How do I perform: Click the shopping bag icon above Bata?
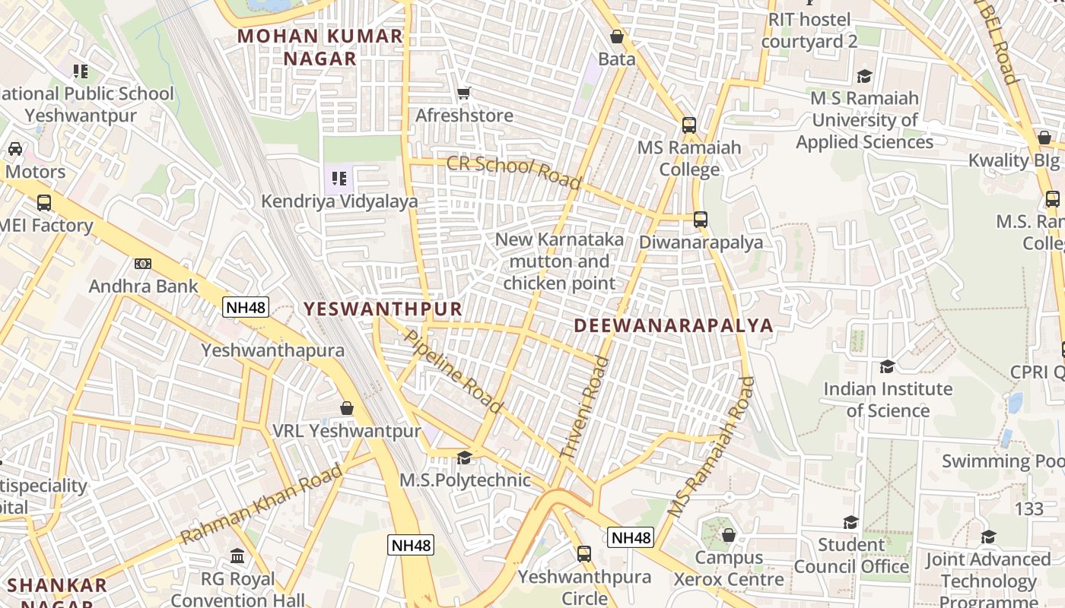[617, 36]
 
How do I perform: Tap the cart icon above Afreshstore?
[463, 93]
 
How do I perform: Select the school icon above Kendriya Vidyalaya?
[339, 179]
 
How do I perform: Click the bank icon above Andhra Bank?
[143, 264]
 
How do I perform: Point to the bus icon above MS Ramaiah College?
[689, 125]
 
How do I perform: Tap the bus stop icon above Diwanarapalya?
[701, 220]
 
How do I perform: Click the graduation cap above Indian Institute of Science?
[887, 366]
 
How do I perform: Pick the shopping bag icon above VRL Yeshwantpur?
[347, 408]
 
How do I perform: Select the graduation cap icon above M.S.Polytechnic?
[464, 458]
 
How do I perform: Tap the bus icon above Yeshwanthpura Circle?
[584, 554]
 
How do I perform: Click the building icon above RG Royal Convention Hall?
[237, 556]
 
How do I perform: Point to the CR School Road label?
[514, 173]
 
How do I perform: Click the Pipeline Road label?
[453, 371]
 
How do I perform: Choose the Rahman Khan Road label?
[262, 505]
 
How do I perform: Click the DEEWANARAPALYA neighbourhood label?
[673, 326]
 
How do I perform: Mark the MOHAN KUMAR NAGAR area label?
[320, 47]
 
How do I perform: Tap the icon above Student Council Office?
[850, 522]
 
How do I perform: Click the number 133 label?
[1029, 508]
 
